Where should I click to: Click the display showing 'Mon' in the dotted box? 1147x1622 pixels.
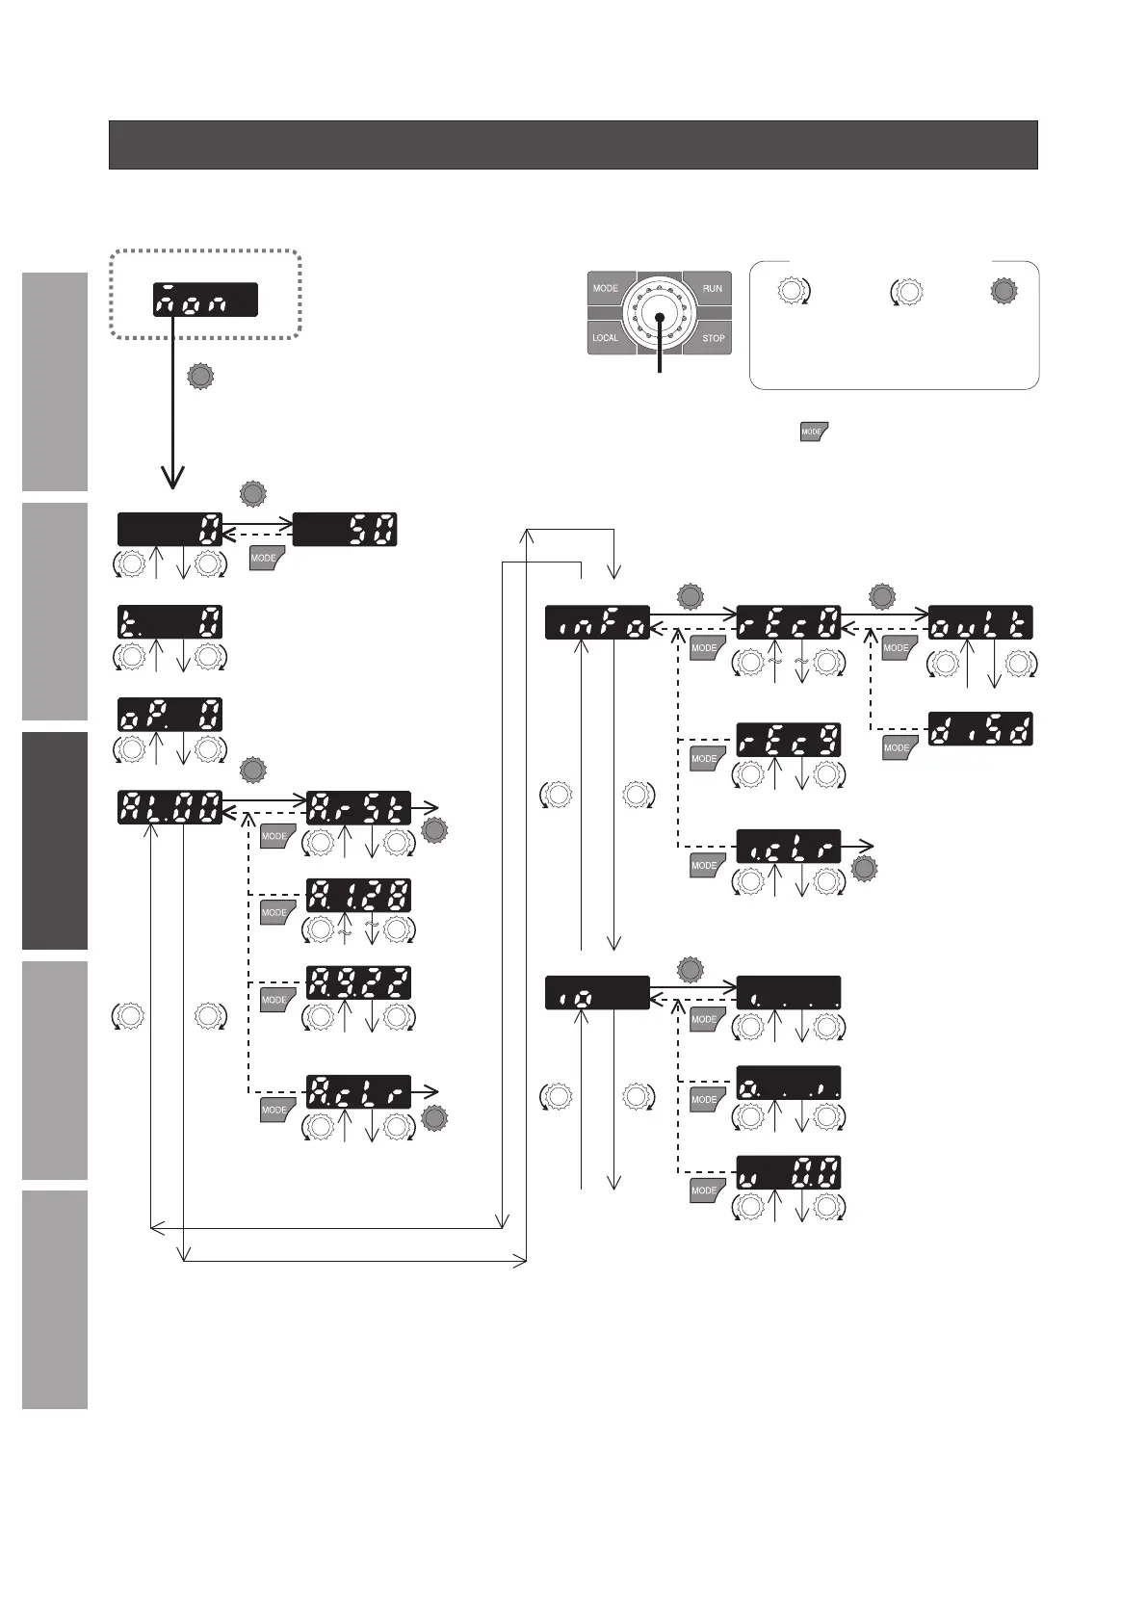[x=204, y=299]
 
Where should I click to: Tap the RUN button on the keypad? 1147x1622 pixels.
[x=711, y=289]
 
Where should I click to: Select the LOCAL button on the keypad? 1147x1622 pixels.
[x=606, y=338]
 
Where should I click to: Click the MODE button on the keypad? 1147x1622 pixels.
[x=606, y=289]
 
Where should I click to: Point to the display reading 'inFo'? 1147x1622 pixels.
[x=597, y=621]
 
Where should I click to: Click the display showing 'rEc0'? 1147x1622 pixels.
[x=789, y=621]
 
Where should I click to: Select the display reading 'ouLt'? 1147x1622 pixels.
[x=980, y=621]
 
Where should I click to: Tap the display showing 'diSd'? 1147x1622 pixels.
[x=980, y=728]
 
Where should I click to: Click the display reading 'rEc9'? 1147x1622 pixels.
[x=789, y=739]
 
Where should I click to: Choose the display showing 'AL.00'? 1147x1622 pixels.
[x=169, y=806]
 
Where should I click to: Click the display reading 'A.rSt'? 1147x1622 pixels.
[x=358, y=806]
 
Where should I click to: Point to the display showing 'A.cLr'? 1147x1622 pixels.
[x=358, y=1090]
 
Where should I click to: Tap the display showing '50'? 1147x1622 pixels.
[x=345, y=530]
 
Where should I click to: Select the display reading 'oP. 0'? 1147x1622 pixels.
[x=169, y=714]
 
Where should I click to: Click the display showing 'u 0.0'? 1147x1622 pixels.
[x=789, y=1171]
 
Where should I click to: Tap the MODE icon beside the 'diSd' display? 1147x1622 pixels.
[x=897, y=747]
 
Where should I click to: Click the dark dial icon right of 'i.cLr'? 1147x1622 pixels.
[x=865, y=870]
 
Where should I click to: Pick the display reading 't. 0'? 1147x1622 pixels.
[x=169, y=621]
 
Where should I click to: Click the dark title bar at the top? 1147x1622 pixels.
[x=573, y=144]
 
